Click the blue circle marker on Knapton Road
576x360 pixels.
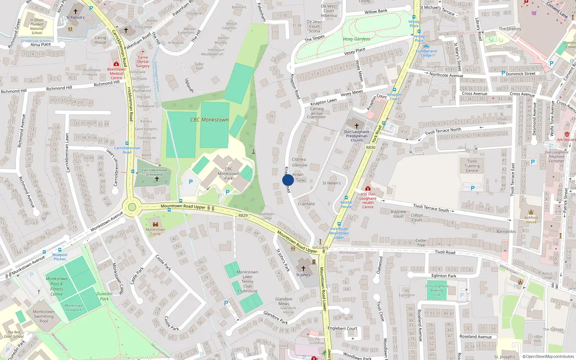click(x=288, y=180)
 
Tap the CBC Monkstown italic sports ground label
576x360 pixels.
click(x=209, y=120)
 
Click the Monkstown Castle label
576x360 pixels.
click(x=156, y=231)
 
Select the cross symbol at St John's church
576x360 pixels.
click(x=303, y=269)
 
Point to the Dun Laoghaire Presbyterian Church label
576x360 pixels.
click(x=357, y=136)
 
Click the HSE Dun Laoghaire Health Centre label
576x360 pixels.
click(x=368, y=201)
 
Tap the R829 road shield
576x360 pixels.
click(x=243, y=215)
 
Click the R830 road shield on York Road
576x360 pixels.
click(x=370, y=147)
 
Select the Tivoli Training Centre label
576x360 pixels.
click(x=472, y=166)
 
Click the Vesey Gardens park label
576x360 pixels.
click(x=356, y=39)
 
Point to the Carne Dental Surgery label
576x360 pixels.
click(x=143, y=62)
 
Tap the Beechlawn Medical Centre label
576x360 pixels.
click(x=116, y=73)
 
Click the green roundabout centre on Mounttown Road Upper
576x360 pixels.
click(x=132, y=207)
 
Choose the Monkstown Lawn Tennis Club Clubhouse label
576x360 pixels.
click(x=247, y=282)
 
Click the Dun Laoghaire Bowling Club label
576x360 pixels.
click(x=437, y=290)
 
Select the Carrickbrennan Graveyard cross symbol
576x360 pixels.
click(x=157, y=179)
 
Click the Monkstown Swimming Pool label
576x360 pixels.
click(x=44, y=316)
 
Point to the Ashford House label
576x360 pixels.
click(x=531, y=220)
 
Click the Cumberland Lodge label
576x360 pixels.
click(x=426, y=53)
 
